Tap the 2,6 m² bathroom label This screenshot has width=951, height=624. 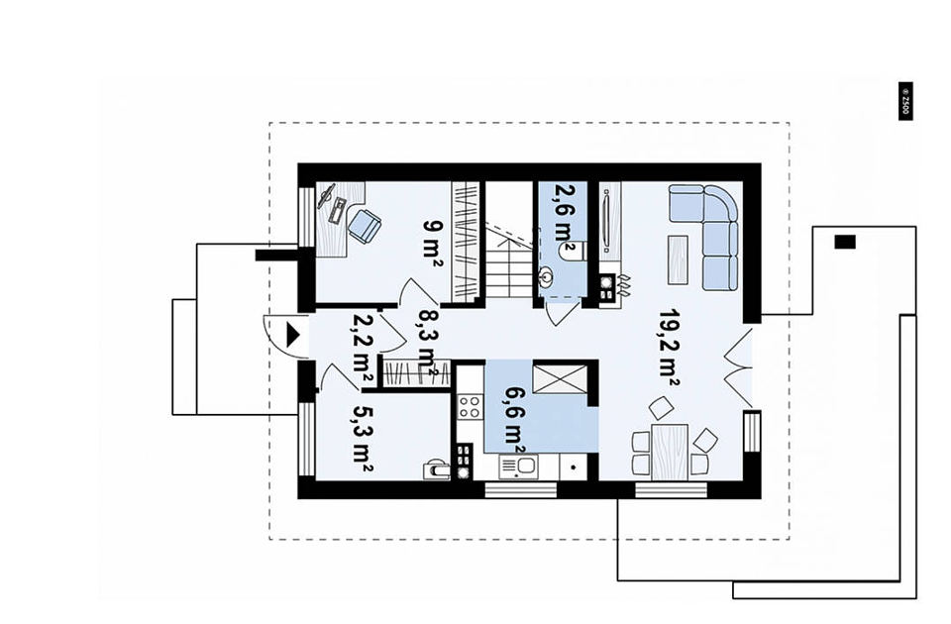(565, 217)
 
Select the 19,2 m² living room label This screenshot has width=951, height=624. (670, 348)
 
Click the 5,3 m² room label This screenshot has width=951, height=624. (363, 439)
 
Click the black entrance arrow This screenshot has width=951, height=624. (293, 335)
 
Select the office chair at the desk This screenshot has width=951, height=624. (366, 225)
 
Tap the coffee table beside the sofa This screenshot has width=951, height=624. (678, 260)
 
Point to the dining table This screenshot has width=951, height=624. (670, 453)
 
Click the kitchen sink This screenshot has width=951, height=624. (518, 467)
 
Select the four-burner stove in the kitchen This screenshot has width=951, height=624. (470, 406)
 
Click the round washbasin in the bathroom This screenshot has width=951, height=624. (546, 277)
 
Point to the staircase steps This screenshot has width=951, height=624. (509, 266)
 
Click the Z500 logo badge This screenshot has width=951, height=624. (904, 101)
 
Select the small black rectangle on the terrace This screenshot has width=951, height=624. (845, 242)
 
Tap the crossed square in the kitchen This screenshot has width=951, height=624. (559, 379)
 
